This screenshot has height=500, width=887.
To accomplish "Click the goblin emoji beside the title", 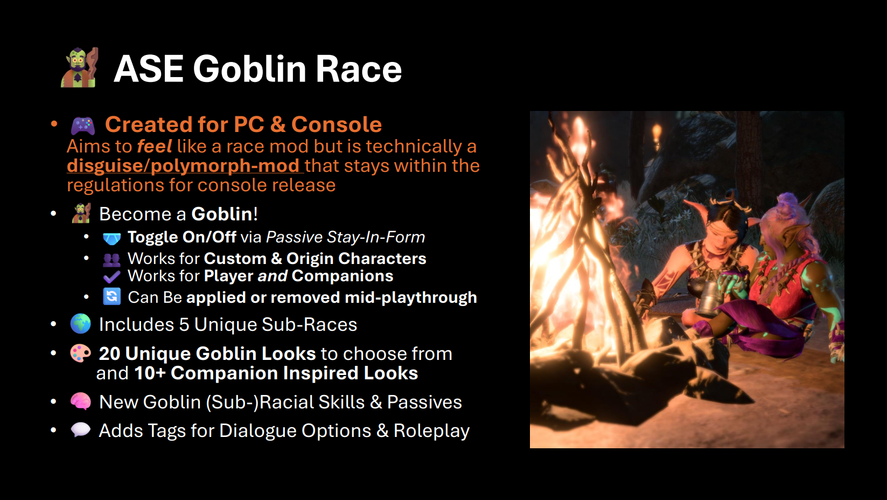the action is point(79,67).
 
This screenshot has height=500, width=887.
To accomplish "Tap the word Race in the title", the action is point(358,69).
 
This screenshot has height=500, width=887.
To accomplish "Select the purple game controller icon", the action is point(83,126).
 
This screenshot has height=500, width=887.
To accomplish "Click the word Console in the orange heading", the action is point(337,124).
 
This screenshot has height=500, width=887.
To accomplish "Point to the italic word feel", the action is point(155,147).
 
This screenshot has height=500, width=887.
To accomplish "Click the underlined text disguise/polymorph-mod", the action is point(183,165).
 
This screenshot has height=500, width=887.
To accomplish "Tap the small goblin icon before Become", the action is point(81,213).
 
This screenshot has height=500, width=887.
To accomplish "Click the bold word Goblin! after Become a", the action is point(225,214).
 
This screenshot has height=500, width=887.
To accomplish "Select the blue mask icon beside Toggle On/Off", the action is point(111,238).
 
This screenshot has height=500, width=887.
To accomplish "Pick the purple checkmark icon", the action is point(111,276).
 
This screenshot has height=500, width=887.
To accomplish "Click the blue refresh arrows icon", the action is point(111,296).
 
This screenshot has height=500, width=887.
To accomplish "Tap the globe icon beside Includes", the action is point(81,324).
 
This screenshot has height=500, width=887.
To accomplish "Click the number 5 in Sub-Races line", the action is point(184,324).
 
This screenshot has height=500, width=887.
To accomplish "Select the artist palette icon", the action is point(80,353).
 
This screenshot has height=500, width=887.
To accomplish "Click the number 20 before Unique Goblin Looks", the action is point(110,354).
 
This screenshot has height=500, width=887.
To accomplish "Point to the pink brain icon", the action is point(81,401).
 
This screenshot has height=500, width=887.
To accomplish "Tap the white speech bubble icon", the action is point(81,430).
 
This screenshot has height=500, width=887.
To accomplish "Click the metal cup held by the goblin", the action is point(707,302).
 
